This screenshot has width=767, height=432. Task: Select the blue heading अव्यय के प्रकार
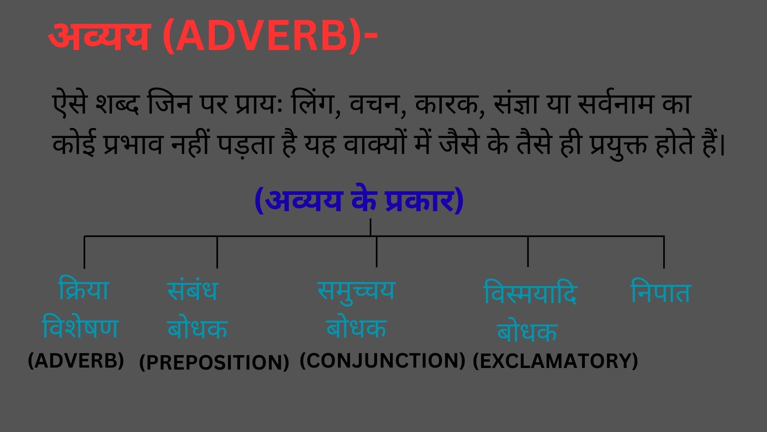pyautogui.click(x=359, y=201)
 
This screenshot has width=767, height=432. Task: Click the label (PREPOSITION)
pyautogui.click(x=214, y=362)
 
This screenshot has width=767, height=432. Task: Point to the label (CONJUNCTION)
pyautogui.click(x=382, y=361)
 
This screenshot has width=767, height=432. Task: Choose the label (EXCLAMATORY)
pyautogui.click(x=555, y=361)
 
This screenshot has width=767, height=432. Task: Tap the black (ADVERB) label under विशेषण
pyautogui.click(x=76, y=361)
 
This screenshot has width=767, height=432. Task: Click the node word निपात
pyautogui.click(x=660, y=293)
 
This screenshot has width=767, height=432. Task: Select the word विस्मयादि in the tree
pyautogui.click(x=530, y=294)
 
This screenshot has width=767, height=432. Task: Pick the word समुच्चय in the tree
pyautogui.click(x=356, y=291)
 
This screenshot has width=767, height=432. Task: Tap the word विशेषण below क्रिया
pyautogui.click(x=80, y=328)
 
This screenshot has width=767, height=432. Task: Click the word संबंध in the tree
pyautogui.click(x=193, y=291)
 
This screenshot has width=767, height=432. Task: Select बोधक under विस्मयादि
pyautogui.click(x=527, y=332)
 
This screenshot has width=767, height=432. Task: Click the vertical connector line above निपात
pyautogui.click(x=664, y=252)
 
